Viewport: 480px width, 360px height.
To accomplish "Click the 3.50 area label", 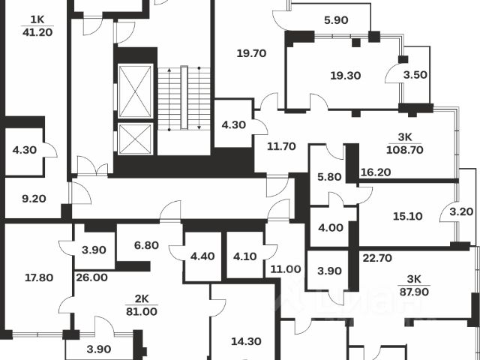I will [416, 75].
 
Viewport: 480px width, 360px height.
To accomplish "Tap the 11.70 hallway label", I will [271, 146].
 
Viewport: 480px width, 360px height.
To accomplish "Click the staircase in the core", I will [184, 97].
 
